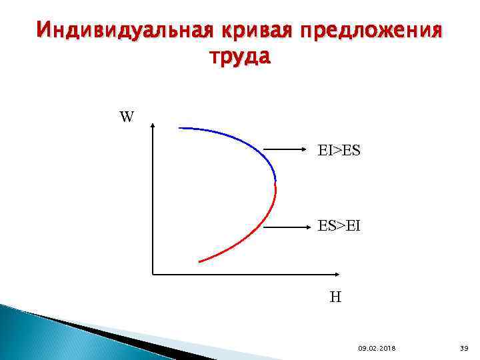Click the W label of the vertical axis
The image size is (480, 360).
[127, 117]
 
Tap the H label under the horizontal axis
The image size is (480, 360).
[335, 297]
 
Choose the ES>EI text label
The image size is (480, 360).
[339, 227]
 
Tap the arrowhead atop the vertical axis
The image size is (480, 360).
[153, 125]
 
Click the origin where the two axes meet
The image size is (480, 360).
[153, 273]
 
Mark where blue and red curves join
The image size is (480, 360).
[275, 181]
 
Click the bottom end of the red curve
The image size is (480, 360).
[199, 261]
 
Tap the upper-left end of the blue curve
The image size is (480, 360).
[179, 127]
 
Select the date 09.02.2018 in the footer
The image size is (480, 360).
[376, 348]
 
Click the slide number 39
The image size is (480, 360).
[465, 348]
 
